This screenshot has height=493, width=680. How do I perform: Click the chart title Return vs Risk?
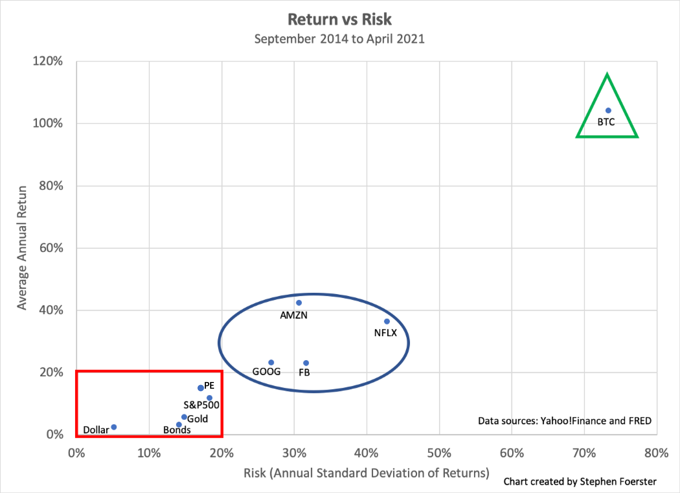click(339, 20)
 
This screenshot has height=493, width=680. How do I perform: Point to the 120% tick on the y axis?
click(48, 61)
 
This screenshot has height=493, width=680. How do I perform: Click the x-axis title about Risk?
click(366, 473)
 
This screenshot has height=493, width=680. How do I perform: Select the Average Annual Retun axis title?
click(22, 248)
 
